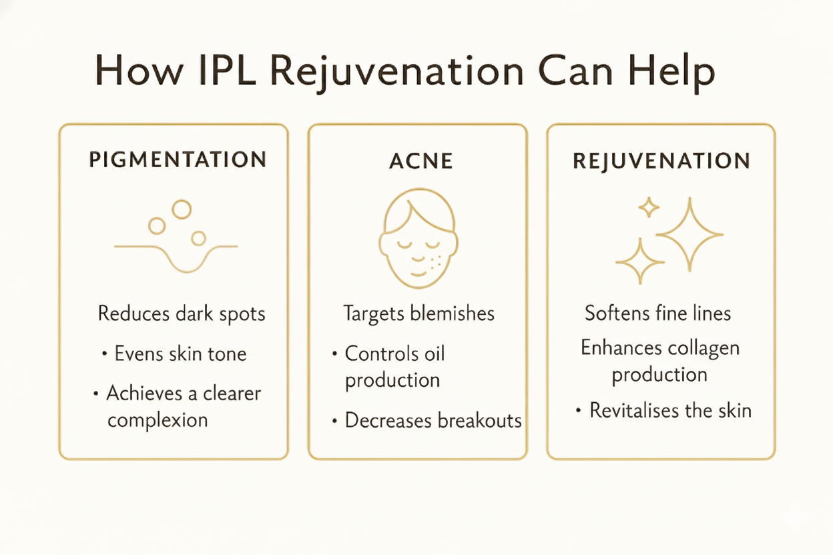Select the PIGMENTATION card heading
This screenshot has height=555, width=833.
point(178,160)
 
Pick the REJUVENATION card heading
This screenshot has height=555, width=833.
point(661,161)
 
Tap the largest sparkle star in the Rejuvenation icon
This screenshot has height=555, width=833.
point(689,235)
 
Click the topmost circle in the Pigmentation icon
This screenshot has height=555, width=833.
point(181,209)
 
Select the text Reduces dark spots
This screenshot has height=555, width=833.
point(182,314)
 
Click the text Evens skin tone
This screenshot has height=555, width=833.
point(180,354)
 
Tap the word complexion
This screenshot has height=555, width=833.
point(158,420)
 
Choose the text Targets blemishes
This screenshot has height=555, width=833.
point(419,314)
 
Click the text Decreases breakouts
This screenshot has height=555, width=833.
point(433,420)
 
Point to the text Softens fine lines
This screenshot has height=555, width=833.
point(658,313)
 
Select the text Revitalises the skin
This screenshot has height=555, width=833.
point(670,410)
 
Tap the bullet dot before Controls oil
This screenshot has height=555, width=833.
point(334,354)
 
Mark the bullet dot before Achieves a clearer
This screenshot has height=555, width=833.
point(97,394)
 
